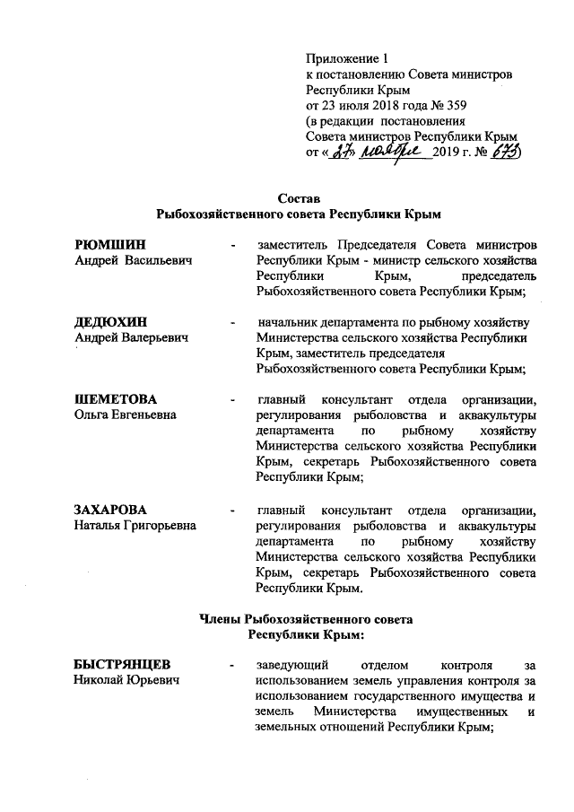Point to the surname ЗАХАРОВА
[x=112, y=510]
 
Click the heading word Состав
[x=298, y=197]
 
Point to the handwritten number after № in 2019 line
[x=505, y=153]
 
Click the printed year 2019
[x=446, y=153]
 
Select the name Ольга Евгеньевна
[x=125, y=415]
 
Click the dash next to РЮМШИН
[x=233, y=245]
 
